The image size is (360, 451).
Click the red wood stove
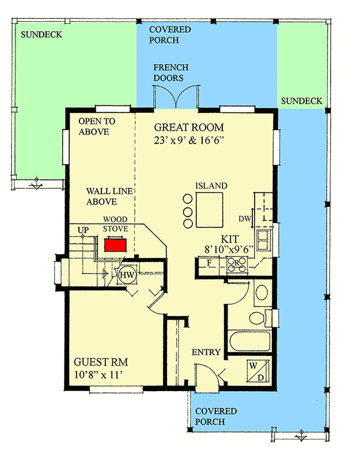point(115,245)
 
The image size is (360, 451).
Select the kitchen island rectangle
point(209,210)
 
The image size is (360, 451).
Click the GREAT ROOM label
point(189,127)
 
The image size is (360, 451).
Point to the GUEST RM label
point(101,362)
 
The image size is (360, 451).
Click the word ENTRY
point(206,353)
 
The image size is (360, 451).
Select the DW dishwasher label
point(245,218)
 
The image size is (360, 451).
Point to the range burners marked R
point(237,265)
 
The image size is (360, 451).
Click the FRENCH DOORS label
point(169,73)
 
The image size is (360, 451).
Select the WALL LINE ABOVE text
point(102,196)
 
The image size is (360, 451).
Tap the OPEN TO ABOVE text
point(97,127)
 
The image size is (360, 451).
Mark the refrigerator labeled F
point(209,264)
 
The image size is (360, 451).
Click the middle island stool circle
point(187,211)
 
